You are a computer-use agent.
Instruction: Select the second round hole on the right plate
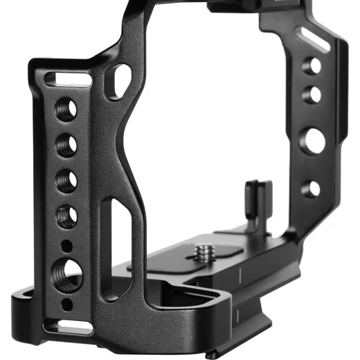[x=313, y=94]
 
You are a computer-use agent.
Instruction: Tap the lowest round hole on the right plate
[x=310, y=189]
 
